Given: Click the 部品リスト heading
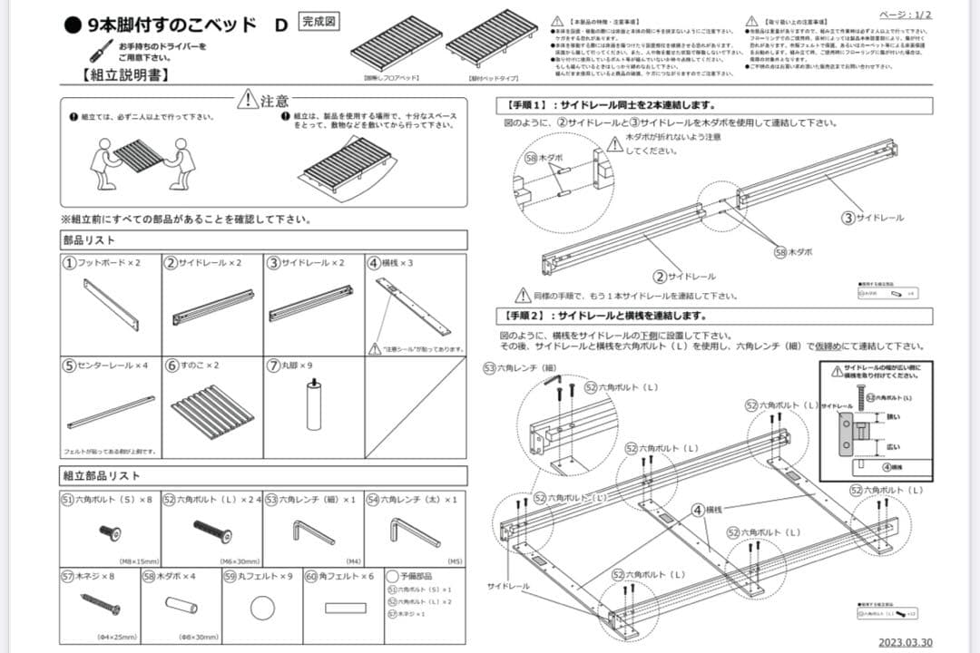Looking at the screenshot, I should pyautogui.click(x=89, y=240).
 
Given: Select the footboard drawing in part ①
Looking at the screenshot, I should pyautogui.click(x=112, y=304).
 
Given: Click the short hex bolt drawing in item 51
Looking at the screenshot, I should pyautogui.click(x=109, y=532).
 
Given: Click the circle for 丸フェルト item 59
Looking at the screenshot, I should pyautogui.click(x=262, y=607).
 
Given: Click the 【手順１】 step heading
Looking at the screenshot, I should pyautogui.click(x=532, y=105).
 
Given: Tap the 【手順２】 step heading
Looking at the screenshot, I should pyautogui.click(x=532, y=316).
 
